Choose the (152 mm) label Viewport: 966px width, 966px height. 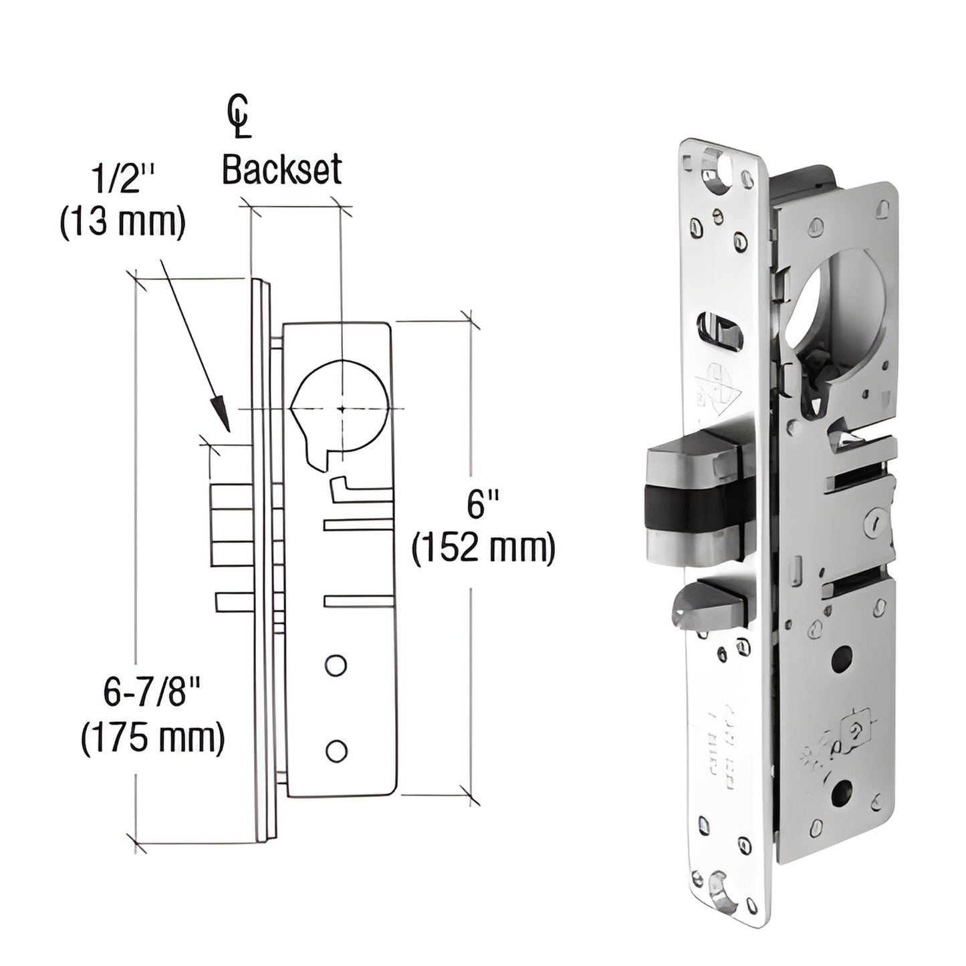coord(483,549)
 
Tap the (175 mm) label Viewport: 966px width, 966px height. coord(152,739)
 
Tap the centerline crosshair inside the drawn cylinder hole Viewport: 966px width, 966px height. coord(342,408)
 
